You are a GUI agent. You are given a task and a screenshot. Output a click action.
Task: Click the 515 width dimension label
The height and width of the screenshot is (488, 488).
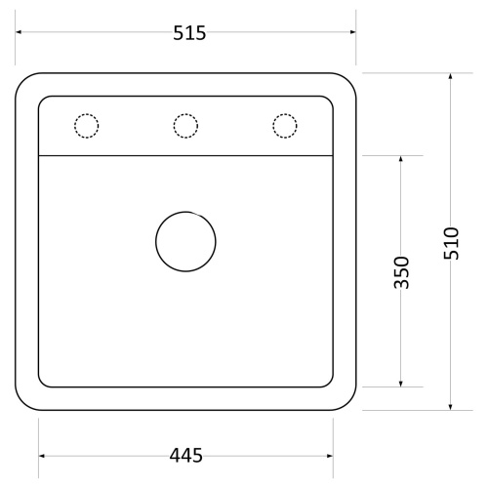pyautogui.click(x=189, y=33)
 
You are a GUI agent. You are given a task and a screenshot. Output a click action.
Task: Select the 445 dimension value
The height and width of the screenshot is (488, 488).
pyautogui.click(x=185, y=456)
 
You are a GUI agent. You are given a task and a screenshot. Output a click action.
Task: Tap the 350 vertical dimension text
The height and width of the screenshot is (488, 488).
pyautogui.click(x=401, y=272)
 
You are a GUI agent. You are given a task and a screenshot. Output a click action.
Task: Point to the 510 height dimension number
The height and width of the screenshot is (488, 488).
pyautogui.click(x=451, y=243)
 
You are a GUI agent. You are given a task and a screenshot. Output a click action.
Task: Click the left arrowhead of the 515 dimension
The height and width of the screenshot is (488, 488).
pyautogui.click(x=19, y=32)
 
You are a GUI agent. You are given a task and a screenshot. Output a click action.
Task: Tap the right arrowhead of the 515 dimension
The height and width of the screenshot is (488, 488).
pyautogui.click(x=352, y=32)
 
